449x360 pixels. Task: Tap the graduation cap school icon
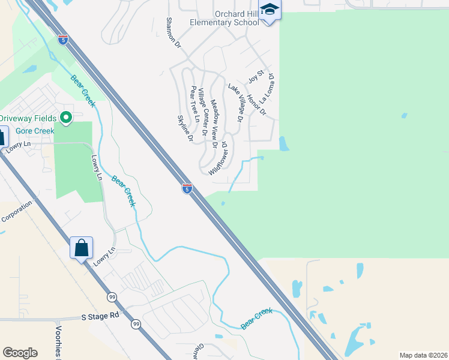270,11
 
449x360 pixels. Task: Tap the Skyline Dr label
184,128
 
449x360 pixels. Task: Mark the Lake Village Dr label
235,103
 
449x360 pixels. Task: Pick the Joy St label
256,77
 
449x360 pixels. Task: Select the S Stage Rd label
100,315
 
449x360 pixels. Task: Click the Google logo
20,353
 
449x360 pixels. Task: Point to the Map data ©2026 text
423,355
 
